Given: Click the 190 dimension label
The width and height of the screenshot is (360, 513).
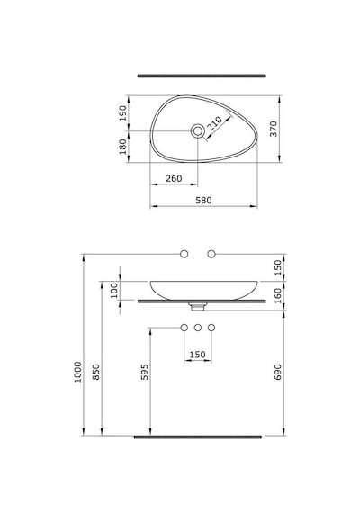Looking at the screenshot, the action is click(122, 112).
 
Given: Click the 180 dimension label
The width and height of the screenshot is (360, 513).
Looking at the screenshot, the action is click(122, 146).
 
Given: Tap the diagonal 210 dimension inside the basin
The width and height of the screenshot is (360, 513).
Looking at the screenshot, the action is click(215, 123).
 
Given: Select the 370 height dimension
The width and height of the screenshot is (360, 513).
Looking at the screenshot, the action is click(274, 129).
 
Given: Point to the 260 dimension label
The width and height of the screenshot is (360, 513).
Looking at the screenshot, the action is click(174, 178).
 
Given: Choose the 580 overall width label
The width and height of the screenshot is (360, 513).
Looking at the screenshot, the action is click(203, 200).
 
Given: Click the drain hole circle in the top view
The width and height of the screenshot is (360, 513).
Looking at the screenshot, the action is click(198, 131).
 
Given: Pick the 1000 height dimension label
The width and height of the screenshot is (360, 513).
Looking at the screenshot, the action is click(78, 372).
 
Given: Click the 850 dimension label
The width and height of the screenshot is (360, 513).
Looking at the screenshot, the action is click(96, 372).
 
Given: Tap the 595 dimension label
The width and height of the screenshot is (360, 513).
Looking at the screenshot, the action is click(144, 372).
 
